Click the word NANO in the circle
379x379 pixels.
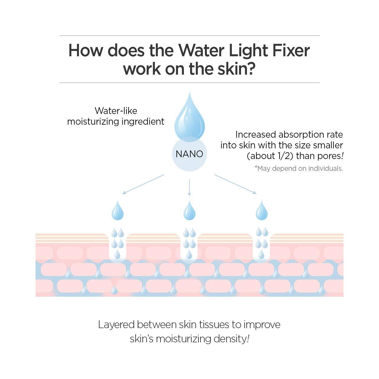click(189, 154)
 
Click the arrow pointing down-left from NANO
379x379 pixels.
click(143, 184)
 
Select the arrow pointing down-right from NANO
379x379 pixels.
click(235, 184)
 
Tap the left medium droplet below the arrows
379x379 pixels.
click(118, 211)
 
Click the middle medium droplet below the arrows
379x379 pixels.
click(189, 211)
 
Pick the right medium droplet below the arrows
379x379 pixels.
click(261, 211)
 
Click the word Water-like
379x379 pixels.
click(116, 111)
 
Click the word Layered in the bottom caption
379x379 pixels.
click(116, 325)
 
